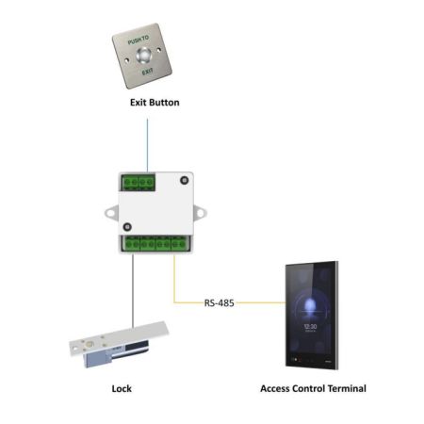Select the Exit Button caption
pos(154,101)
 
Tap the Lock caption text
pos(121,387)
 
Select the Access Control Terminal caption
pos(312,387)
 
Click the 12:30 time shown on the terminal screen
pos(311,326)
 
